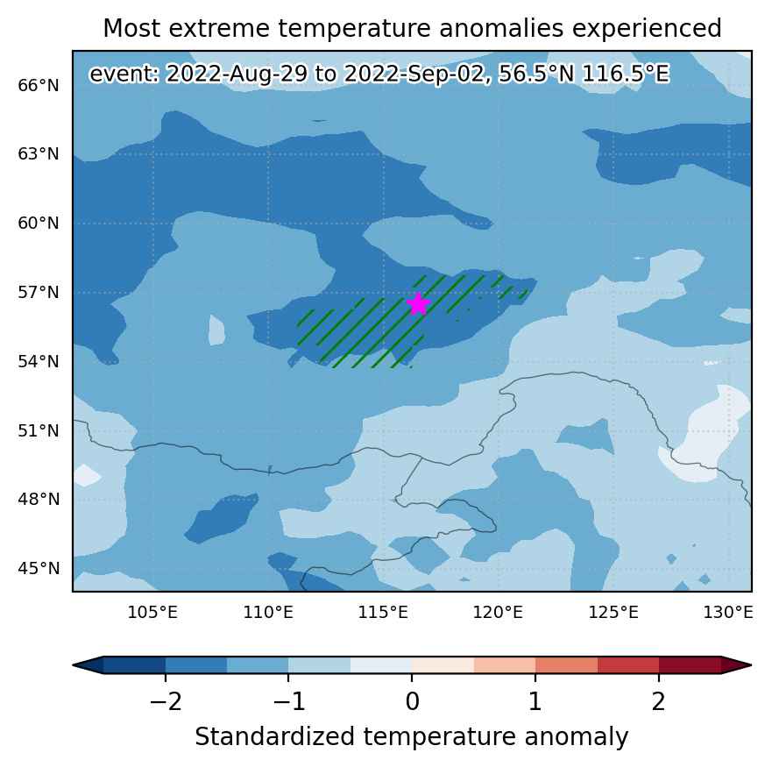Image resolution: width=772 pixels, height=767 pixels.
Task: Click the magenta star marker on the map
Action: point(419,304)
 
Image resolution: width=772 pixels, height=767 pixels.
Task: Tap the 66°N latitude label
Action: point(39,85)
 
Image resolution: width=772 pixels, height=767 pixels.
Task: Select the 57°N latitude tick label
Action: point(39,292)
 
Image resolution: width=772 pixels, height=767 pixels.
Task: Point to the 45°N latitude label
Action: point(39,568)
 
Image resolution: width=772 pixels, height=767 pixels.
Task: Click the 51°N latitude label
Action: point(39,430)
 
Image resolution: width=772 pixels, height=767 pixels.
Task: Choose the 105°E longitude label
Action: point(152,613)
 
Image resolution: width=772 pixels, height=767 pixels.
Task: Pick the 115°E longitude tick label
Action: point(383,613)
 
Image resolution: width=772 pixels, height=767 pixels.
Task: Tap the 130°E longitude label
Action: point(728,613)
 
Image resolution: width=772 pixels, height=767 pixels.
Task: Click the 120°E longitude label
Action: point(498,613)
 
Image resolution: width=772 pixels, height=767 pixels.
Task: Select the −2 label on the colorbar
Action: point(166,701)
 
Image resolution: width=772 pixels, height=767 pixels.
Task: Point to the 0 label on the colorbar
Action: point(413,701)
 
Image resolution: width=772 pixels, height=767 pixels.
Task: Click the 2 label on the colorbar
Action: point(659,701)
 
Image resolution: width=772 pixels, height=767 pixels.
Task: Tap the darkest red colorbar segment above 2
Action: point(691,665)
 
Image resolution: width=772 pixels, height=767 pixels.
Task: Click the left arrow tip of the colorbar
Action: point(73,665)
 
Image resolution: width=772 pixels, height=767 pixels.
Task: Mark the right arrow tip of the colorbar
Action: point(752,665)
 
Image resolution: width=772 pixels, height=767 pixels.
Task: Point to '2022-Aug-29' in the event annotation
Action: point(237,74)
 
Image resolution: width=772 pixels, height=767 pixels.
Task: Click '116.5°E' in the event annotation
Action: point(626,74)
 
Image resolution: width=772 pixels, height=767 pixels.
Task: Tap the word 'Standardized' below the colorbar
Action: point(275,737)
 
